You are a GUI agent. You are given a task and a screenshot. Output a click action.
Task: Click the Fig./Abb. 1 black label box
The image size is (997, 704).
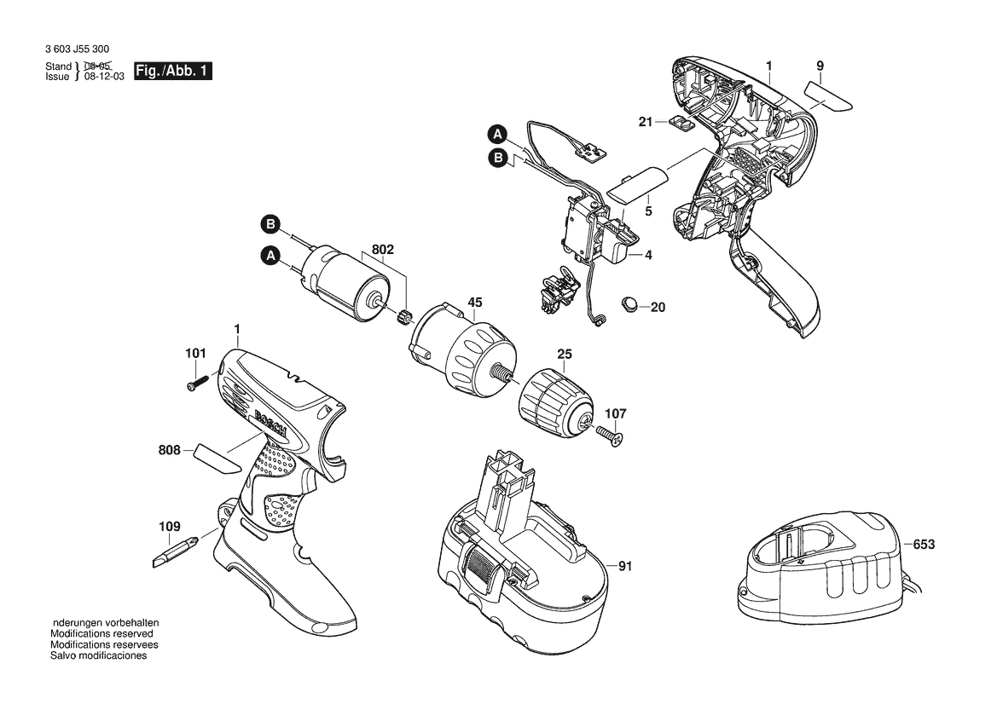click(173, 71)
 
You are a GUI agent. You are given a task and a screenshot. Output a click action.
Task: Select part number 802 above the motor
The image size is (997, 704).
click(383, 250)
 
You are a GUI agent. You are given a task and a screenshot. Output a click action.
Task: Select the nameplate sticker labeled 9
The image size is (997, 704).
click(829, 97)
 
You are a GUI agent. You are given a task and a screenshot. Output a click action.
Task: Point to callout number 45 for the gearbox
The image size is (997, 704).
click(475, 303)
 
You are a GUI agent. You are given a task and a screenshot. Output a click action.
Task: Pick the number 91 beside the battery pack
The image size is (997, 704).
click(626, 565)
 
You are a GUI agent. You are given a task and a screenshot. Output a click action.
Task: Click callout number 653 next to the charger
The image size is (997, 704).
click(924, 545)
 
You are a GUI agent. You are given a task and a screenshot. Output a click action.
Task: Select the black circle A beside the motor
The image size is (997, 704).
click(271, 256)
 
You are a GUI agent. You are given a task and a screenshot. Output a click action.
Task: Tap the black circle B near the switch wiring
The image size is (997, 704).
click(498, 158)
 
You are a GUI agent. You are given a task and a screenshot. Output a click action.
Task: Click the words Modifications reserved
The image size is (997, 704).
click(101, 633)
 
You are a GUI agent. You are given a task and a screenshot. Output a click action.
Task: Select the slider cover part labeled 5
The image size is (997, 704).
click(637, 185)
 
